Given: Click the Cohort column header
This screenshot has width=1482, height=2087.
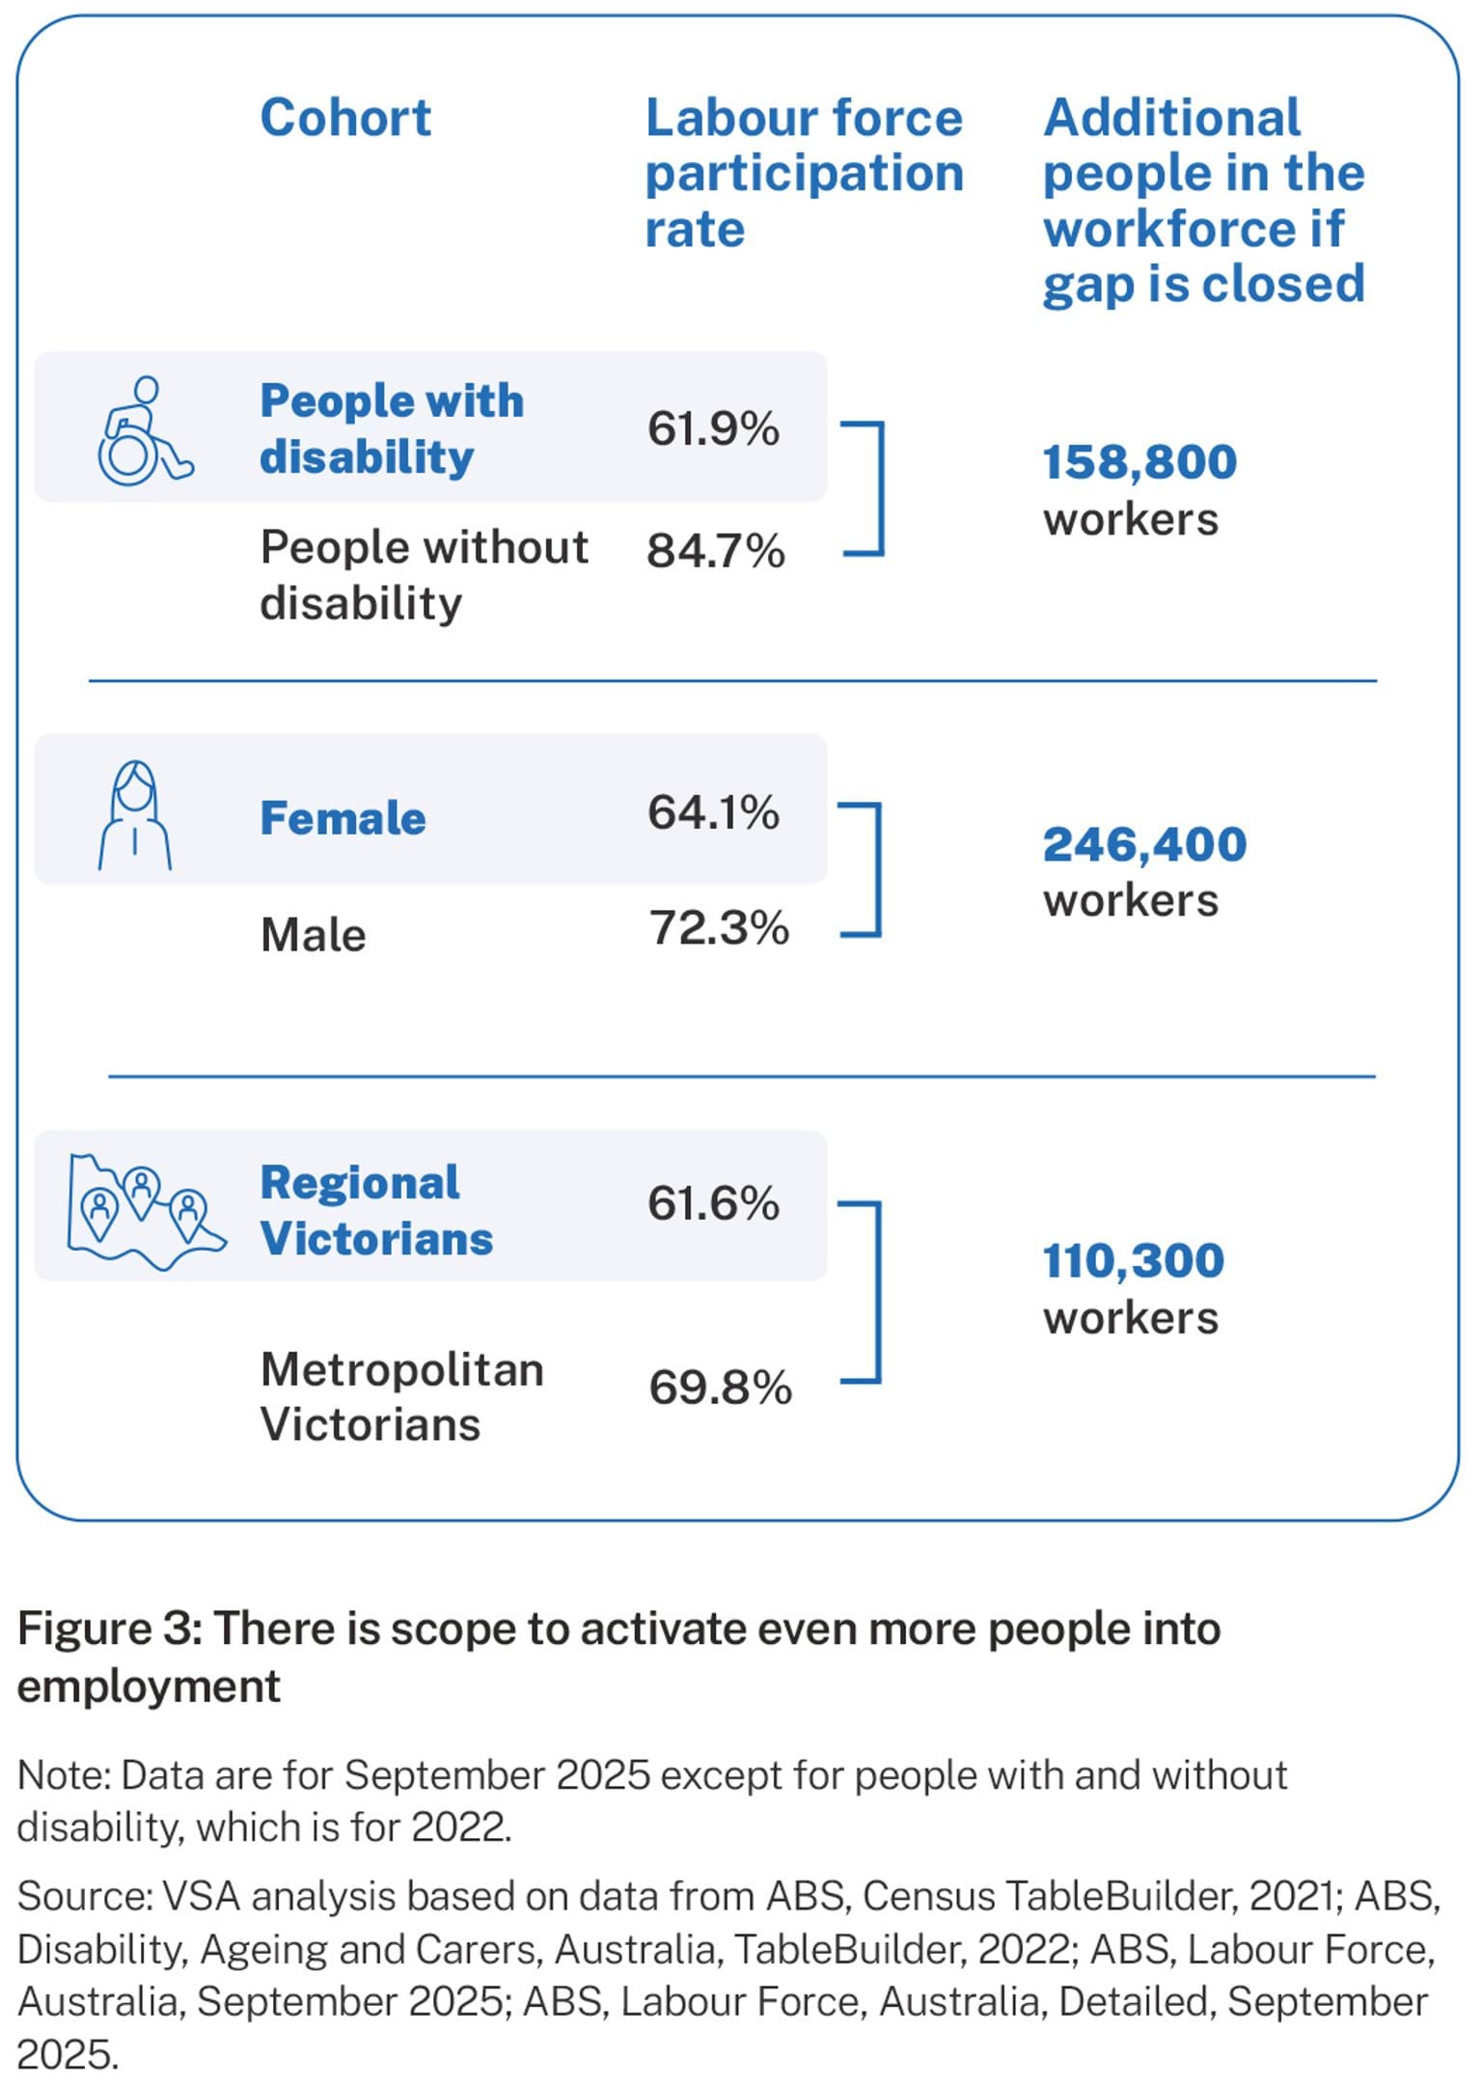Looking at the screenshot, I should pyautogui.click(x=345, y=119).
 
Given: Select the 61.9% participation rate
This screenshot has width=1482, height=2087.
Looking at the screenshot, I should pyautogui.click(x=713, y=429).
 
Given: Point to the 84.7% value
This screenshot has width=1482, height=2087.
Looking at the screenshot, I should pyautogui.click(x=715, y=551).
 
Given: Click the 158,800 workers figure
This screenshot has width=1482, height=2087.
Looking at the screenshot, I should pyautogui.click(x=1139, y=462).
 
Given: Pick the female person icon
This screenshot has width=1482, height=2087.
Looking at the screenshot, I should pyautogui.click(x=135, y=816).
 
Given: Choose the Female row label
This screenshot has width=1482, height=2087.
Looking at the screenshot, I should pyautogui.click(x=343, y=818).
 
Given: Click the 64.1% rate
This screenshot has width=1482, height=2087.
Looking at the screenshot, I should pyautogui.click(x=713, y=812).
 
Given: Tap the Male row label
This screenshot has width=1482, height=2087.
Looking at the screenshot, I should pyautogui.click(x=313, y=935).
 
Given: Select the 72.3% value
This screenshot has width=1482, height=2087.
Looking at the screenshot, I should pyautogui.click(x=719, y=928).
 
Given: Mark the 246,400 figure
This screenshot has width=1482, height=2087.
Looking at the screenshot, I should pyautogui.click(x=1144, y=844).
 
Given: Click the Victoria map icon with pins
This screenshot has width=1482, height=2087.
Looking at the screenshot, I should pyautogui.click(x=145, y=1211).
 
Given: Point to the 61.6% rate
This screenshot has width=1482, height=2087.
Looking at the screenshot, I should pyautogui.click(x=713, y=1204).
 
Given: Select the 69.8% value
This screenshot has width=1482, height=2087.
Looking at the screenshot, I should pyautogui.click(x=720, y=1387).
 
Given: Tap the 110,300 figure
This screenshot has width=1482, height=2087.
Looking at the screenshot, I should pyautogui.click(x=1134, y=1261).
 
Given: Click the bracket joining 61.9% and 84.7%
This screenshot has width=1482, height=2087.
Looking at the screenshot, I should pyautogui.click(x=878, y=489).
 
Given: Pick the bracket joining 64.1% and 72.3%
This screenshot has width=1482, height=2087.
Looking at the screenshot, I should pyautogui.click(x=876, y=869).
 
